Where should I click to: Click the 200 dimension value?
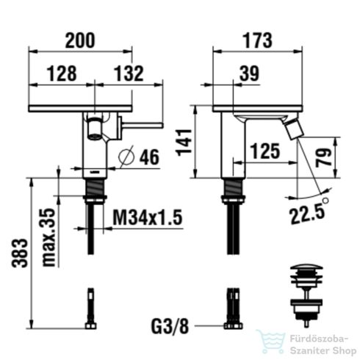(x=79, y=42)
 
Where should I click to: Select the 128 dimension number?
(x=62, y=73)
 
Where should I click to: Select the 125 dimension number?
(x=265, y=151)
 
